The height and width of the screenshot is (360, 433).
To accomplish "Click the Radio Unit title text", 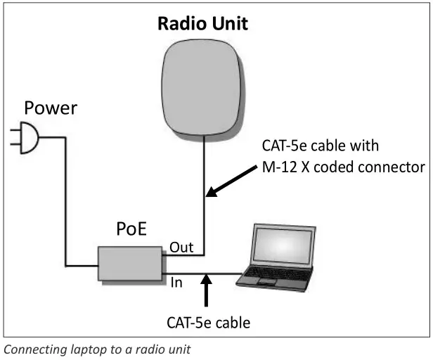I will [x=202, y=25].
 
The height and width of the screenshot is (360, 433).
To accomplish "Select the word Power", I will [x=51, y=108].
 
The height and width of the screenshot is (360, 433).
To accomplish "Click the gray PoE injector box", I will [x=129, y=264].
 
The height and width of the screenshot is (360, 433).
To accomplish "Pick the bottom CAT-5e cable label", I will [x=208, y=323].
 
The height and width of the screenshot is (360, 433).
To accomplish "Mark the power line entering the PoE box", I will [x=81, y=265].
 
